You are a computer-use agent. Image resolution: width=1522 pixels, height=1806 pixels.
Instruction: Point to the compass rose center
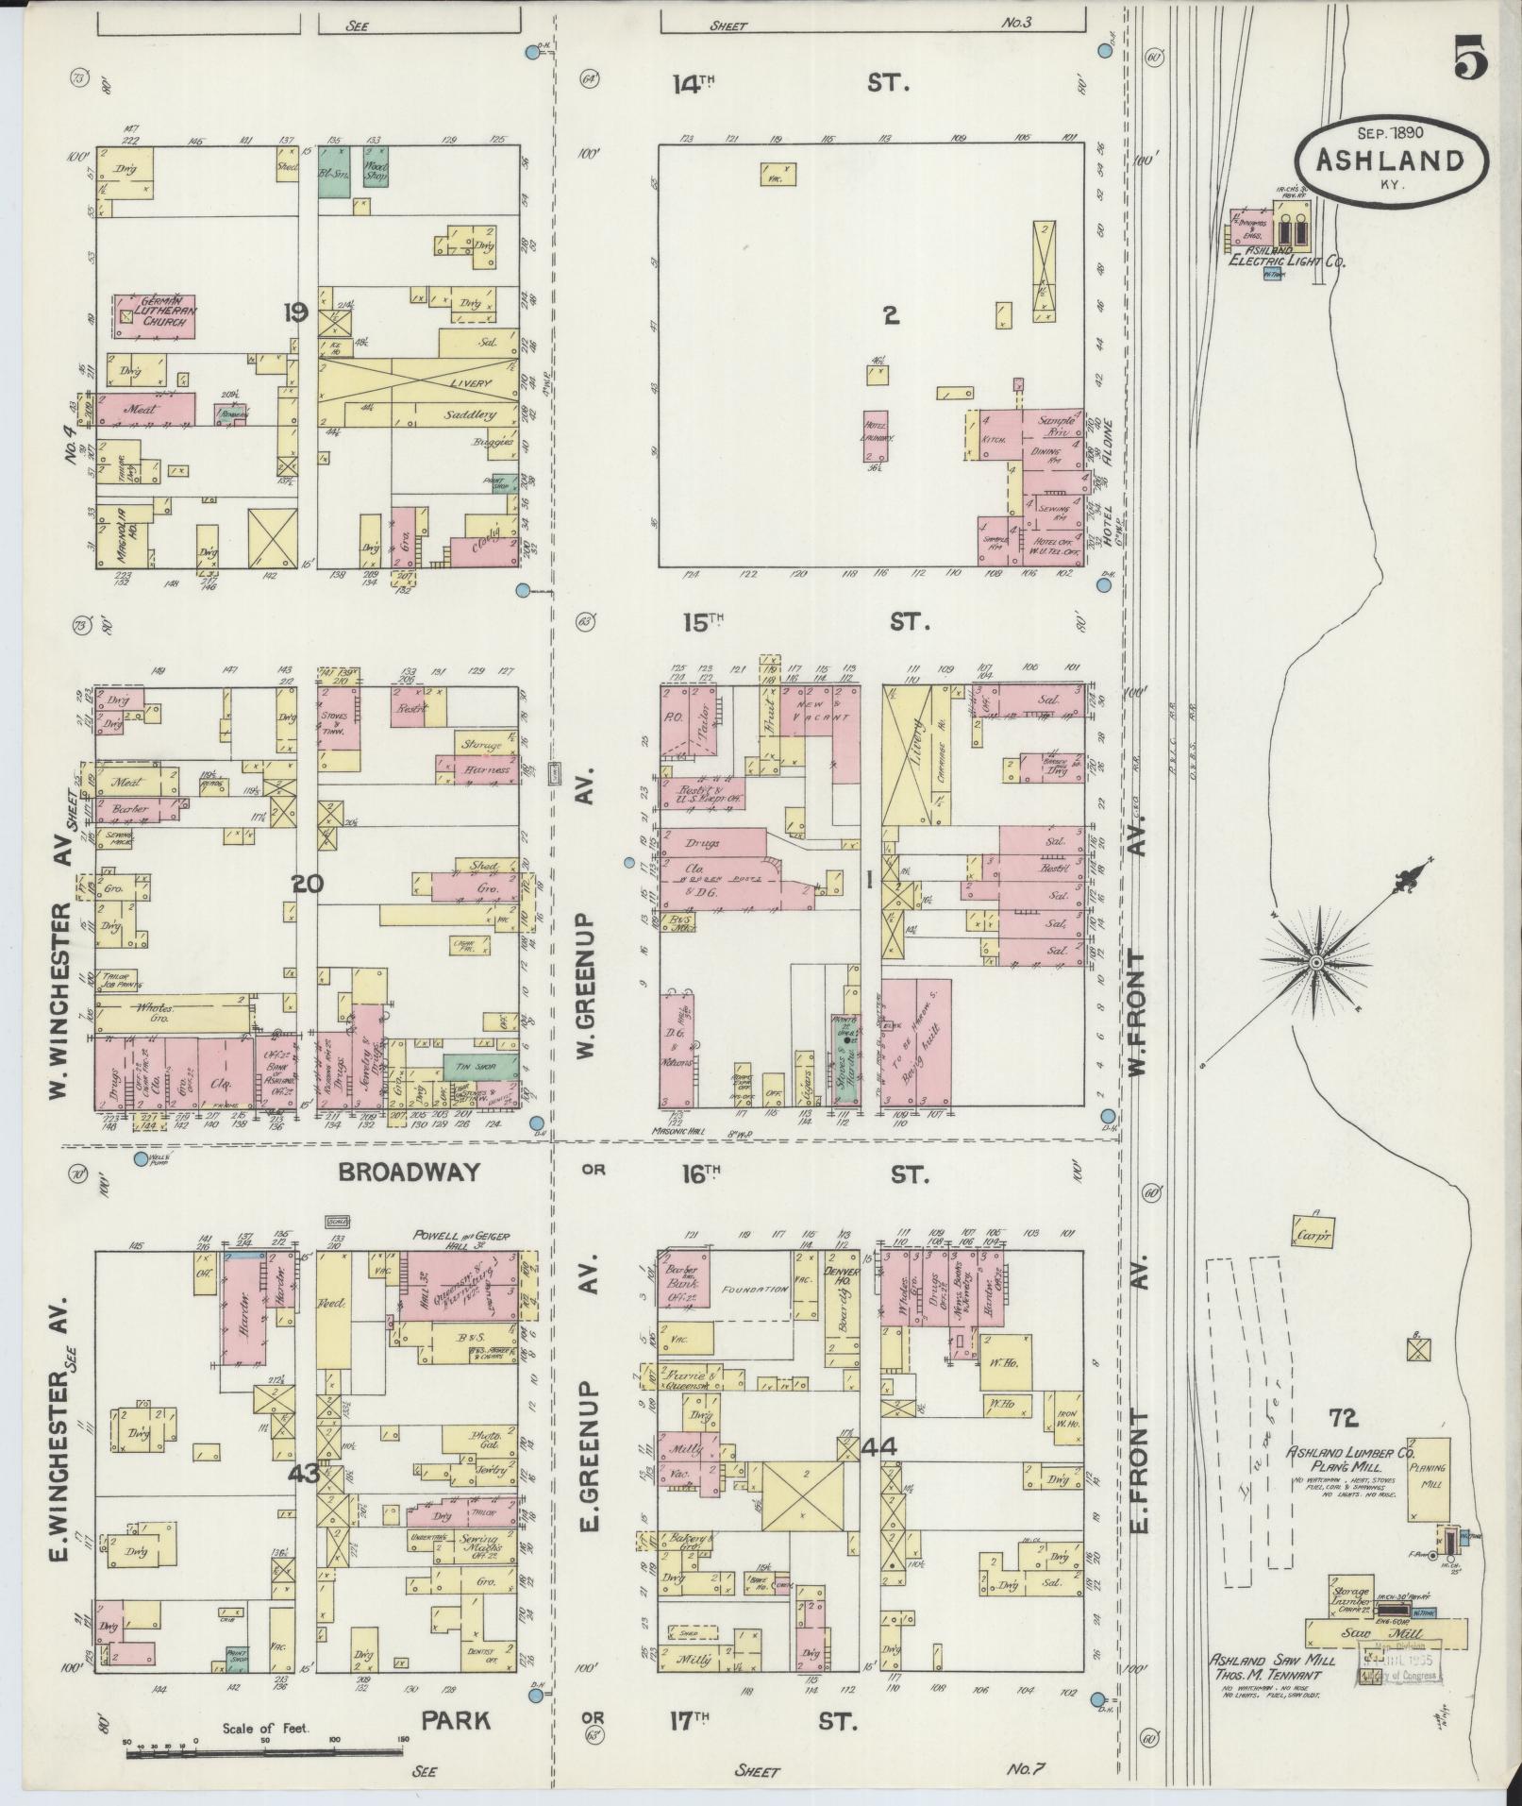[x=1313, y=962]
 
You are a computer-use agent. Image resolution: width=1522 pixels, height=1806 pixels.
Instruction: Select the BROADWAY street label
[x=410, y=1173]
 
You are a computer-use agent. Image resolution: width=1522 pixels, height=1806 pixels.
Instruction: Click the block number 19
[x=295, y=312]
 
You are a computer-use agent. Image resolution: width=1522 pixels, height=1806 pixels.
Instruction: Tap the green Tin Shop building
[x=480, y=1066]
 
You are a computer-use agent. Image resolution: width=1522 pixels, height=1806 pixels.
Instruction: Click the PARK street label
[x=456, y=1720]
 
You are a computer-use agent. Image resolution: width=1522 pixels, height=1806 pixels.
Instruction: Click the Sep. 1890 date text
[x=1390, y=133]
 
